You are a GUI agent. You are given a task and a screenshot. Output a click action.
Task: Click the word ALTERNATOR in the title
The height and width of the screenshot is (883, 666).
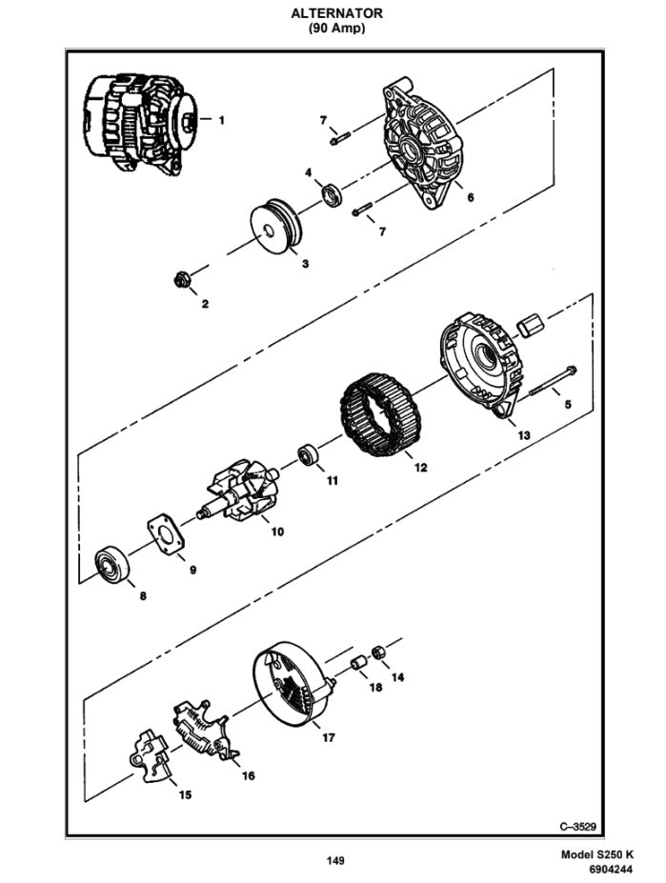(x=336, y=13)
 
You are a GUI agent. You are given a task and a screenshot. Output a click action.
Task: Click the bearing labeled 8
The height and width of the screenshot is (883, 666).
(x=113, y=566)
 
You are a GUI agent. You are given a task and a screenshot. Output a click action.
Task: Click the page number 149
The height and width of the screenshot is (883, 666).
(x=334, y=861)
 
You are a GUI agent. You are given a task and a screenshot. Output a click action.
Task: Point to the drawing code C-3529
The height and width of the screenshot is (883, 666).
(x=578, y=825)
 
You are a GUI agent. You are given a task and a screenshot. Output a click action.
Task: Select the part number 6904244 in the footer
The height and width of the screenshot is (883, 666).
(x=609, y=872)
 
